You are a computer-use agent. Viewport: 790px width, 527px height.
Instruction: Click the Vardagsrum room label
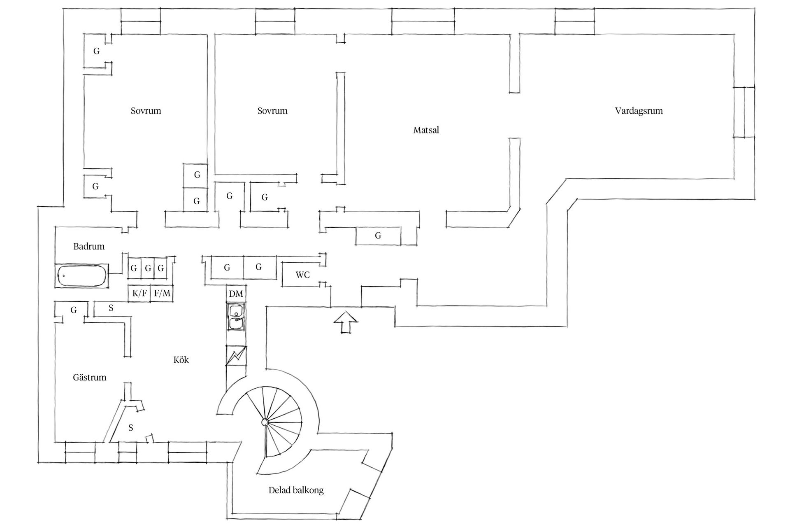point(639,111)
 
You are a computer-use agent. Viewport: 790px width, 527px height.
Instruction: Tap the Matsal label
point(426,130)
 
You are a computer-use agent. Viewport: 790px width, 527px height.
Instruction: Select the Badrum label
point(89,246)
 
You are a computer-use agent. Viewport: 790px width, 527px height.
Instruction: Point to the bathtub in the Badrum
point(82,275)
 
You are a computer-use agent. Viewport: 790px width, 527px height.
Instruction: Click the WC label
point(302,275)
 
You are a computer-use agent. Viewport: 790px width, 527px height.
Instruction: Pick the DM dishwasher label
point(236,294)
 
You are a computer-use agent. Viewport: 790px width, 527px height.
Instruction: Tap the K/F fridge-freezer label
point(139,293)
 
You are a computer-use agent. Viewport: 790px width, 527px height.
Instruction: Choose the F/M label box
point(162,293)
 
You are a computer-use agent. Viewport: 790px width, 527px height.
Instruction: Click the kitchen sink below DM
point(236,317)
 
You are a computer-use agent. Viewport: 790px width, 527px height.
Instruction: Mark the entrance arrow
point(346,322)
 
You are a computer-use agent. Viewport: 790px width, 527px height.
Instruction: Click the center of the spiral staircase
point(265,422)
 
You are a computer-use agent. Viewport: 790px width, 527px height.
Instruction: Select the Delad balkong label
point(296,490)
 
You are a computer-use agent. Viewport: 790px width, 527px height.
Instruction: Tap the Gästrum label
point(89,377)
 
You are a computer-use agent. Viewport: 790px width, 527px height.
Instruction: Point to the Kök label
point(181,360)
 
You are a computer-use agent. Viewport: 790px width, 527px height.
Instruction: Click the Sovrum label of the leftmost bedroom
point(146,111)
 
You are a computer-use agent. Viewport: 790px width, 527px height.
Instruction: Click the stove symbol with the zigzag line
point(236,355)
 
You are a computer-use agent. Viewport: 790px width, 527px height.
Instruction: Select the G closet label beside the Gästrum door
point(74,310)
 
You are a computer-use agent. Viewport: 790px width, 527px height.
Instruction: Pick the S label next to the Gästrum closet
point(111,308)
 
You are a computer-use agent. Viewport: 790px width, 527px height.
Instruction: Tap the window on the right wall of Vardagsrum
point(744,112)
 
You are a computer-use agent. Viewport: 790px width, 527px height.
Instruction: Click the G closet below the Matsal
point(378,236)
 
